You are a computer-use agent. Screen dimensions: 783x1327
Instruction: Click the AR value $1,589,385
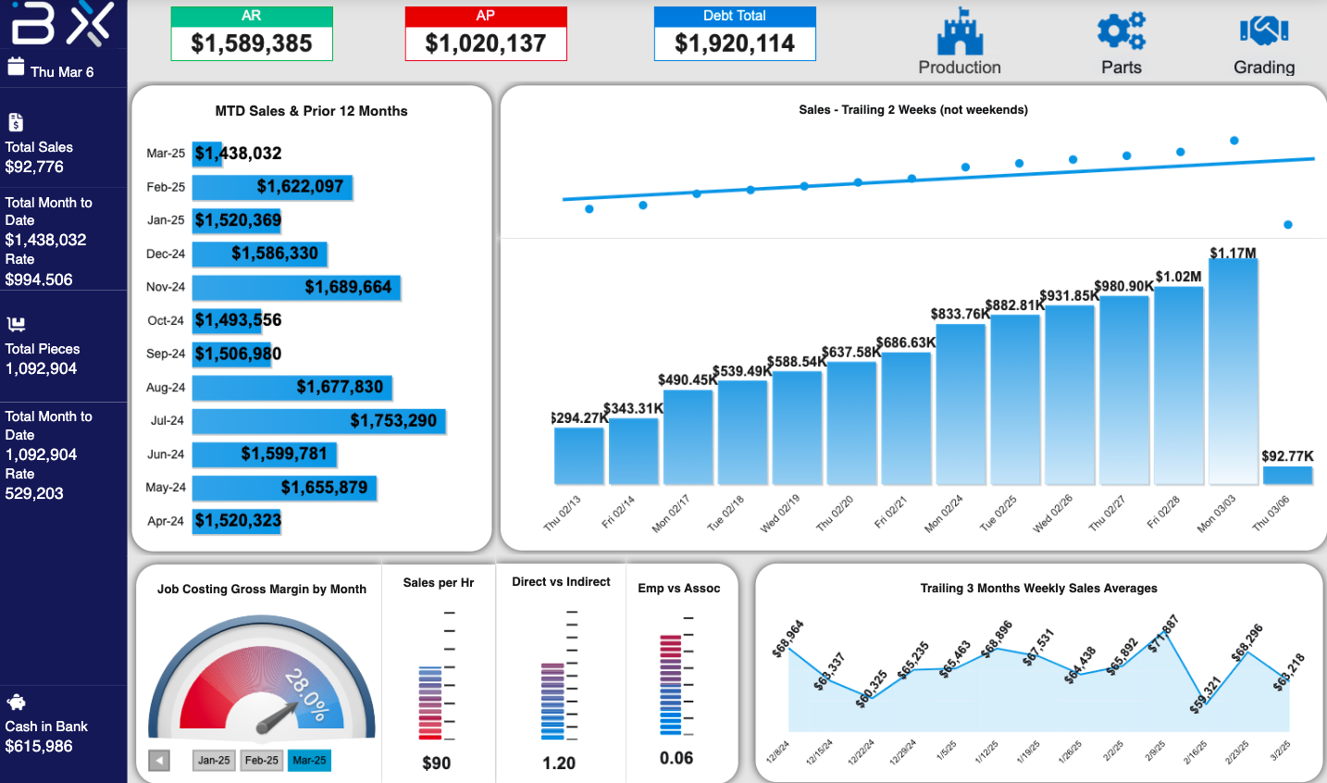tap(252, 43)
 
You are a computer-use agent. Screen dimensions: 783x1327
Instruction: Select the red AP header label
tap(485, 16)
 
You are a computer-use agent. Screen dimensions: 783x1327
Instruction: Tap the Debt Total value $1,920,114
tap(735, 43)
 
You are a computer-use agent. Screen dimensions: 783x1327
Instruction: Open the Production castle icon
tap(960, 33)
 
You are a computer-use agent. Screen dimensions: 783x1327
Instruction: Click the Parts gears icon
tap(1121, 31)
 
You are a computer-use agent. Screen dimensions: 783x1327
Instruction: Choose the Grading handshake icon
tap(1264, 31)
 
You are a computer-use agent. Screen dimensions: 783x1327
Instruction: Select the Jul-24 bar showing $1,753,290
tap(319, 421)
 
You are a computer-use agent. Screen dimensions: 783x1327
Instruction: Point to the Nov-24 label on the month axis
tap(166, 287)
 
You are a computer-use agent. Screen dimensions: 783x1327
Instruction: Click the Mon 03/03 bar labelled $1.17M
tap(1233, 370)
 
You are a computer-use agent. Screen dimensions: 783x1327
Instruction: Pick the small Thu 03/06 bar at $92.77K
tap(1287, 475)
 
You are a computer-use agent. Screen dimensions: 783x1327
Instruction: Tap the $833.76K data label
tap(960, 314)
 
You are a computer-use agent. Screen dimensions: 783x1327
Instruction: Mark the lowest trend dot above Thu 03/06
tap(1287, 225)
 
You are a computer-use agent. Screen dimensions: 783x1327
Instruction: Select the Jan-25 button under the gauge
tap(214, 761)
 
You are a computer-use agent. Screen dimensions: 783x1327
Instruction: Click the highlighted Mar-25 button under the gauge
tap(309, 761)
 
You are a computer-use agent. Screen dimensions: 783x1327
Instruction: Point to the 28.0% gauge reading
tap(306, 694)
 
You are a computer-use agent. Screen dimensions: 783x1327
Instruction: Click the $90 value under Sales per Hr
tap(437, 764)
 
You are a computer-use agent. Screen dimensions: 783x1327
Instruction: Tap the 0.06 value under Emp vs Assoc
tap(676, 758)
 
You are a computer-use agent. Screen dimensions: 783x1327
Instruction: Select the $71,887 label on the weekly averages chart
tap(1164, 634)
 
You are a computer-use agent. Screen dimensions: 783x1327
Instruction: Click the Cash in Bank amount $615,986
tap(39, 746)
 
